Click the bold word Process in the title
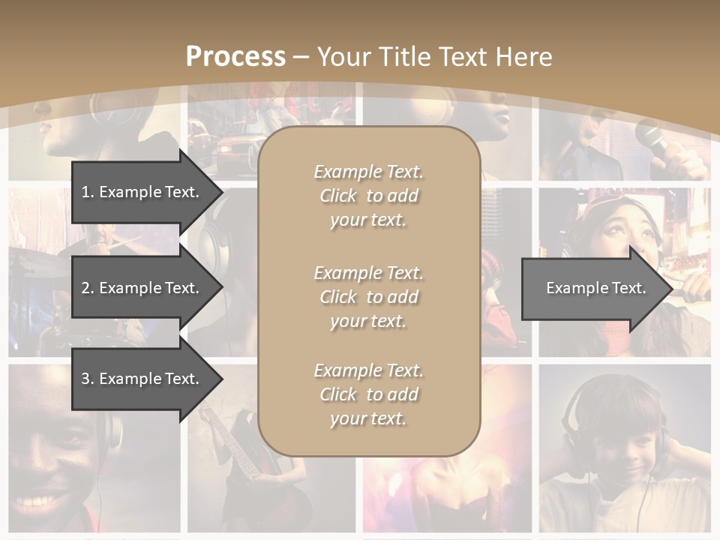(235, 57)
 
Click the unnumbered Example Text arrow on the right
(596, 288)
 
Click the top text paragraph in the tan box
(368, 196)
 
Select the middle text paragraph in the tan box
(368, 297)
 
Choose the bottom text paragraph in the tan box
(368, 394)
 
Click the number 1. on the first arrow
(88, 192)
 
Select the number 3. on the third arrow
(88, 379)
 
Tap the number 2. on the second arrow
(88, 288)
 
